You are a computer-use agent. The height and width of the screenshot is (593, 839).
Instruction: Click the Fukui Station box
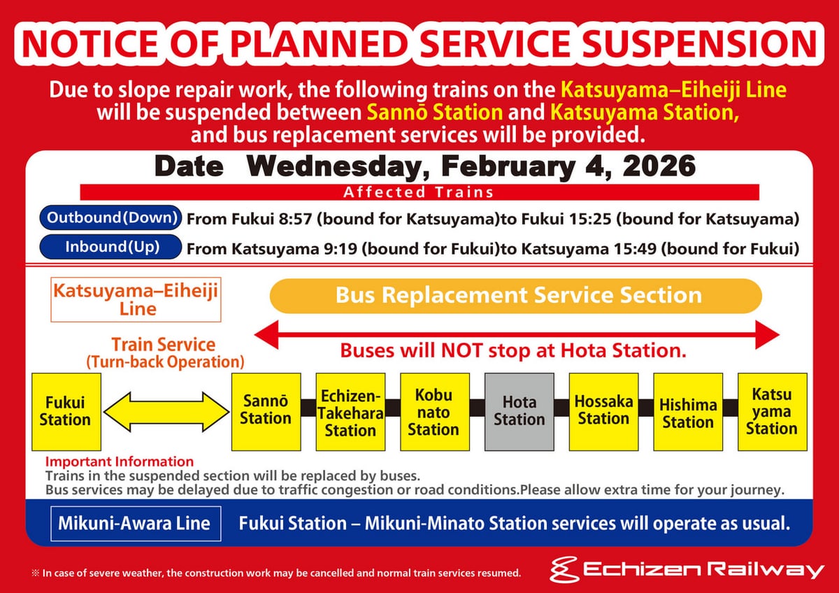tap(66, 412)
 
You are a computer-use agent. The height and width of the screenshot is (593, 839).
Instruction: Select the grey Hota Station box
tap(519, 412)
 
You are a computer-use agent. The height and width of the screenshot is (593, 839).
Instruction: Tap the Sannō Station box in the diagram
tap(266, 412)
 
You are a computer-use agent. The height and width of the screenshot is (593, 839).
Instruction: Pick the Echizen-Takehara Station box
tap(350, 412)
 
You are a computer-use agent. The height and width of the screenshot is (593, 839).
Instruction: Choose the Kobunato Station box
tap(434, 412)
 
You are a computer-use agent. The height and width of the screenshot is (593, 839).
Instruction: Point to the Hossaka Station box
tap(603, 412)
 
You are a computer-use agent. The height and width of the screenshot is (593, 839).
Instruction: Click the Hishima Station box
tap(688, 412)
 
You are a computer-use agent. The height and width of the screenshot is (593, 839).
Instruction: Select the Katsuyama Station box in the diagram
tap(773, 412)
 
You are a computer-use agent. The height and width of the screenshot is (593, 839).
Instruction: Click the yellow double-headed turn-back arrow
tap(166, 412)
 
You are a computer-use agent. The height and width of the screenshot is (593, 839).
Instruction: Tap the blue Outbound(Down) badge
tap(110, 217)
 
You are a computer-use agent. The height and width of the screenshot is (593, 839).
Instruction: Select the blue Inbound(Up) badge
tap(110, 247)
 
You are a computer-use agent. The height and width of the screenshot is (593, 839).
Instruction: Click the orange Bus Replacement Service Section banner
tap(516, 296)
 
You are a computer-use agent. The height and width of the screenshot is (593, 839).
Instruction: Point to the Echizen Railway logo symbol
tap(564, 570)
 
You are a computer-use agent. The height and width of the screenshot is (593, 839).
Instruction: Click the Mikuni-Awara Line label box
tap(136, 523)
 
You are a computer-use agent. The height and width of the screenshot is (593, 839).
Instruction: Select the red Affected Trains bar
tap(419, 192)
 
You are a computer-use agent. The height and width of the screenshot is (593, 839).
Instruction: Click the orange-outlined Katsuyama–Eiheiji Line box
tap(136, 300)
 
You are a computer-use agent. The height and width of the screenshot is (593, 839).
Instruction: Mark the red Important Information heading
tap(120, 462)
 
